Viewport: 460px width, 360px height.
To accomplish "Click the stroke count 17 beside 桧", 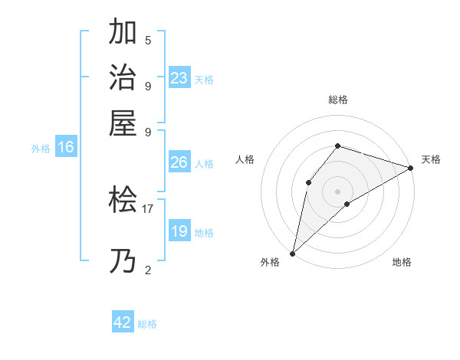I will click(x=148, y=208).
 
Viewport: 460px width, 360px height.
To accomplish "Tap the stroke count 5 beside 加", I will click(x=148, y=40).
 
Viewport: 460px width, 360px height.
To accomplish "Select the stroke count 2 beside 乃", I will click(x=148, y=269).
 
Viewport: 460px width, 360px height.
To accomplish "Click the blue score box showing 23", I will click(x=179, y=78).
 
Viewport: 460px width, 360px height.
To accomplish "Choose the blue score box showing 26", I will click(x=179, y=162).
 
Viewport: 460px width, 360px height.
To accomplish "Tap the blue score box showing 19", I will click(x=179, y=231).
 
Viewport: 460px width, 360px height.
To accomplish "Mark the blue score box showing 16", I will click(x=66, y=147).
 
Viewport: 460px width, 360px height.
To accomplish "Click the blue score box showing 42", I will click(x=123, y=322).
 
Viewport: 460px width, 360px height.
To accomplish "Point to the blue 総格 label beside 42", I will click(x=147, y=324).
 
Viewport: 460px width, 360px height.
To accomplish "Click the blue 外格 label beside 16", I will click(x=41, y=149).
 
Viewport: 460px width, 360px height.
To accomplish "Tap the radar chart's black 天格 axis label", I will click(x=432, y=159).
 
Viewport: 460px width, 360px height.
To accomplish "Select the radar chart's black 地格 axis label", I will click(x=402, y=262).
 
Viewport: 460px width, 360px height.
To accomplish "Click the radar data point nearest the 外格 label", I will click(x=292, y=253).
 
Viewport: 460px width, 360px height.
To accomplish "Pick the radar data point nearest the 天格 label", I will click(x=411, y=169).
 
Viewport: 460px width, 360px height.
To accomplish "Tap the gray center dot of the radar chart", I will click(x=337, y=191).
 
